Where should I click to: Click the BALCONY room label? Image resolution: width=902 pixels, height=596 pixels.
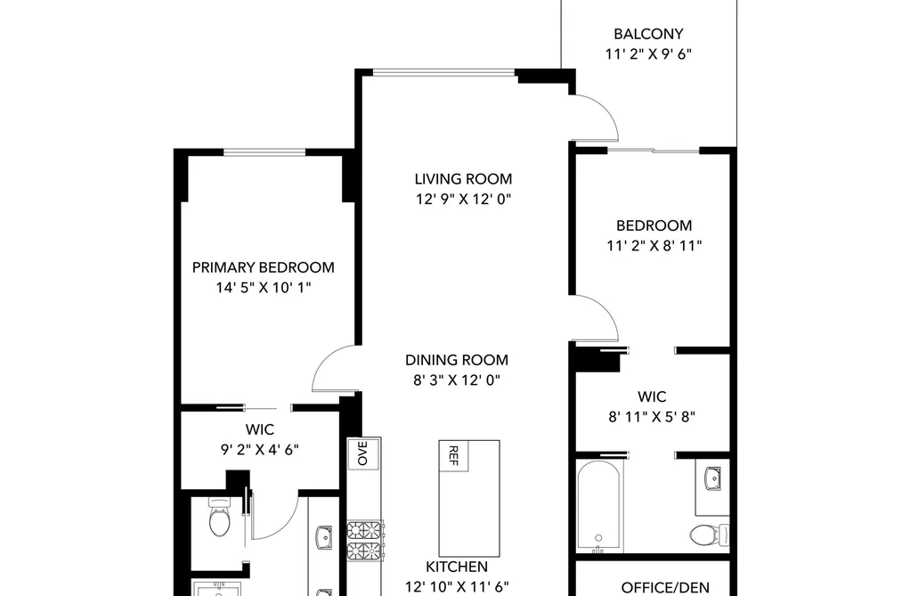[x=648, y=34]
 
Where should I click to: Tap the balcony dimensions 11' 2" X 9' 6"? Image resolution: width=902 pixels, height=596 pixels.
[x=648, y=54]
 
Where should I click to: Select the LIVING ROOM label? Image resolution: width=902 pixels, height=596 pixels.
[x=463, y=179]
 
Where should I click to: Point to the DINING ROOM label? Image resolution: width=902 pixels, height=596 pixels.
[x=457, y=360]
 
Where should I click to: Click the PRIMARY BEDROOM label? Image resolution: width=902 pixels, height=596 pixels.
[x=263, y=267]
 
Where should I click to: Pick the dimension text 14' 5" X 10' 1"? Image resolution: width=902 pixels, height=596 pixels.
[x=264, y=288]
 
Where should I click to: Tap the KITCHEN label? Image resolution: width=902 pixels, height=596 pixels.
[x=457, y=567]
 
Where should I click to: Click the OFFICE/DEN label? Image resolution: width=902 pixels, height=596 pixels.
[x=665, y=588]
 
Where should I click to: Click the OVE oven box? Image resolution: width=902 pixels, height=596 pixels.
[x=363, y=453]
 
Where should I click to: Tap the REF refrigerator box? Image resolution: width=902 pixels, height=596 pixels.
[x=453, y=455]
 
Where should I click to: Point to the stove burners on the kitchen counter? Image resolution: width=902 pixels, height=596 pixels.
[x=365, y=541]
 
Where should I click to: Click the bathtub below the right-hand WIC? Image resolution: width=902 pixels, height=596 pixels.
[x=599, y=506]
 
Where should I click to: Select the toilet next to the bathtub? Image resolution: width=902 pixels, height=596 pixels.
[x=709, y=535]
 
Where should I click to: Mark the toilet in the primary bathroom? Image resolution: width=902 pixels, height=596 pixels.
[x=219, y=517]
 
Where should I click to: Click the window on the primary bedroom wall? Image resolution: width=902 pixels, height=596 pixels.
[x=264, y=152]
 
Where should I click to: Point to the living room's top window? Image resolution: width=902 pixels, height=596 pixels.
[x=443, y=72]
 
